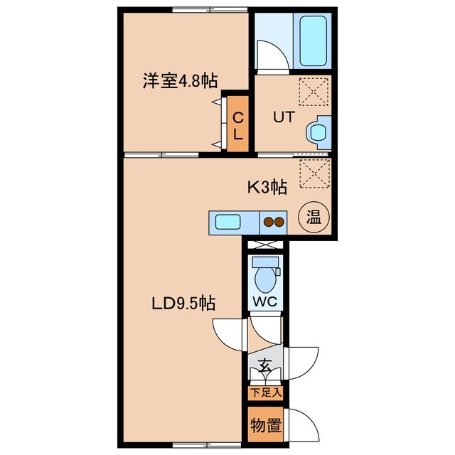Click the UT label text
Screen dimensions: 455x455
point(284,116)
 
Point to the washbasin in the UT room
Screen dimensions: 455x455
point(316,131)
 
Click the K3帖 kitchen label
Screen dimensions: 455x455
point(267,188)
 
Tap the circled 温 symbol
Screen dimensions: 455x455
point(314,216)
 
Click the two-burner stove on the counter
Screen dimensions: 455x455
point(274,221)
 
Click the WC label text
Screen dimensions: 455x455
point(264,301)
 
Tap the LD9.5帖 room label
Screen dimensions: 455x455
point(184,304)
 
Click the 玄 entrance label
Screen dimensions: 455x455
point(264,367)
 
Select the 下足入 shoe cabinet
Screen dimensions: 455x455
point(264,392)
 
